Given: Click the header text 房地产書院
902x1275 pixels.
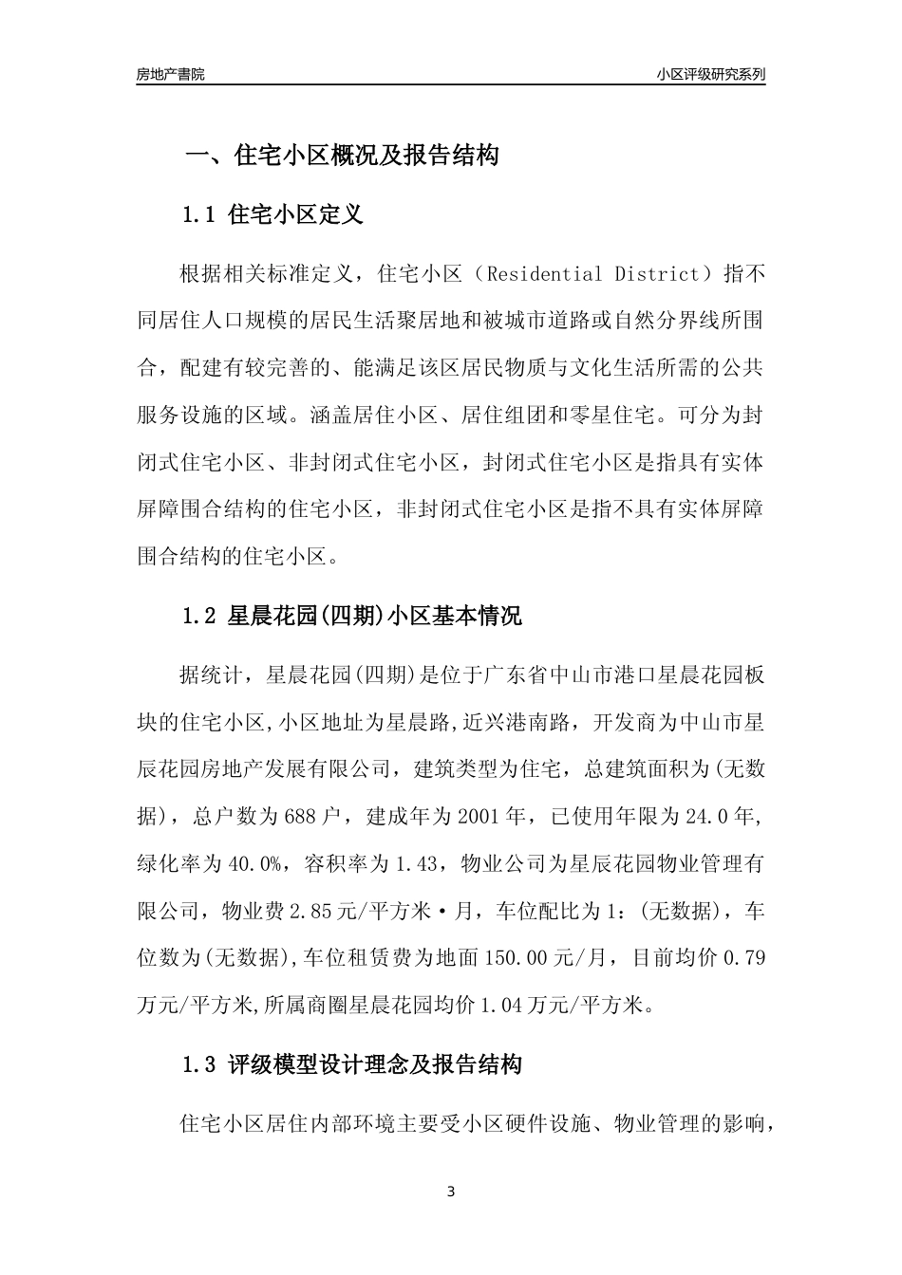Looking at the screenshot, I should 170,74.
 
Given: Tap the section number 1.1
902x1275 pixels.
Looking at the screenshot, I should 200,215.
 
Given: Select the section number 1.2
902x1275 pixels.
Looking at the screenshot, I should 200,616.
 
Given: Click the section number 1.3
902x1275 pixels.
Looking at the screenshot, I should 200,1065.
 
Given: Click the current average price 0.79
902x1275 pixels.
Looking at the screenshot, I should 744,958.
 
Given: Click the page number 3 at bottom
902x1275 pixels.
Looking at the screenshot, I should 451,1192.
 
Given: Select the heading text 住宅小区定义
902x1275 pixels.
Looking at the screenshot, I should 296,215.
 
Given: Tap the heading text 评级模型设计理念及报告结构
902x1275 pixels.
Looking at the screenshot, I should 375,1065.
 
